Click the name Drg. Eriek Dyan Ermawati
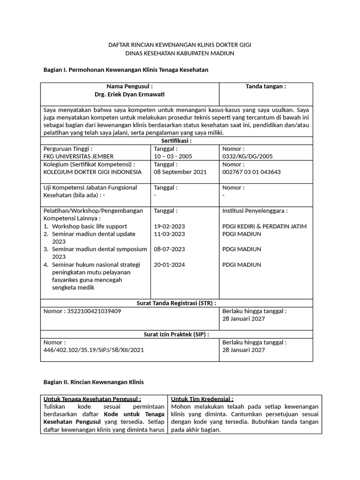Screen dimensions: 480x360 pyautogui.click(x=129, y=94)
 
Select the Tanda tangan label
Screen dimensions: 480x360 pyautogui.click(x=266, y=86)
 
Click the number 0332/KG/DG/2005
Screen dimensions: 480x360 pyautogui.click(x=247, y=156)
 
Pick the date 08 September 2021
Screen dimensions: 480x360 pyautogui.click(x=180, y=172)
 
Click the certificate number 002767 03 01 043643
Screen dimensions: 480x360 pyautogui.click(x=251, y=172)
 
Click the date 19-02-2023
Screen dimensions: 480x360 pyautogui.click(x=169, y=226)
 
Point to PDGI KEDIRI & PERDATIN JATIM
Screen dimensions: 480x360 pyautogui.click(x=264, y=226)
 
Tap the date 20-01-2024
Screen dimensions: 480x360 pyautogui.click(x=169, y=265)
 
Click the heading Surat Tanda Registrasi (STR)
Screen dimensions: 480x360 pyautogui.click(x=176, y=303)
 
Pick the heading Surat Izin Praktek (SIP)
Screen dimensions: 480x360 pyautogui.click(x=176, y=334)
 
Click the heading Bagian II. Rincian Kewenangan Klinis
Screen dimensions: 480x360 pyautogui.click(x=93, y=382)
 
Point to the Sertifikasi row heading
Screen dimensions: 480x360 pyautogui.click(x=176, y=140)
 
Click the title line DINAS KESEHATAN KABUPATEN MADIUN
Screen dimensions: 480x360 pyautogui.click(x=180, y=53)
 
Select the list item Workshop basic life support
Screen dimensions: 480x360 pyautogui.click(x=90, y=226)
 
